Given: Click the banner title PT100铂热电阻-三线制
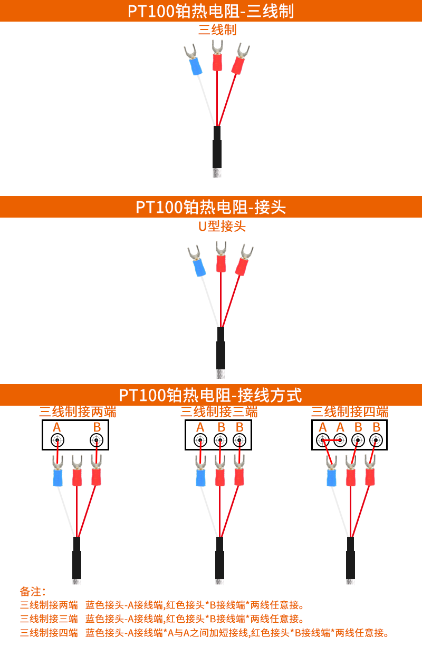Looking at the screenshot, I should [x=211, y=11].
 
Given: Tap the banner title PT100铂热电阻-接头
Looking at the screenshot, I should [x=211, y=207].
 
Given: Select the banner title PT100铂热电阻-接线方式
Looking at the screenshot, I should [x=211, y=395].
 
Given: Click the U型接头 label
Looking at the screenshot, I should [x=222, y=227].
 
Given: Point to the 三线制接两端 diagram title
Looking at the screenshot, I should [x=78, y=411].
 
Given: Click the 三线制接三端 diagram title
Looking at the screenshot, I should [x=219, y=411].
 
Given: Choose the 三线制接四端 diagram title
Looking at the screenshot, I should [x=350, y=411].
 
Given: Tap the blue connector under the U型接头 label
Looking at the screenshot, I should [x=198, y=267].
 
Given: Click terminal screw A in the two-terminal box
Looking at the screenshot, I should [x=57, y=440].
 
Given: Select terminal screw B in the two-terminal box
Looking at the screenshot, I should [x=97, y=440].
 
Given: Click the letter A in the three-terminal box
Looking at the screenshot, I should [x=200, y=427].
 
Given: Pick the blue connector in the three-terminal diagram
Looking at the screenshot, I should [x=200, y=476].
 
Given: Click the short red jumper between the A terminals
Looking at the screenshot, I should [x=332, y=440].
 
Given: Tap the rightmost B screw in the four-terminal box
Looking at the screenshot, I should [x=376, y=440].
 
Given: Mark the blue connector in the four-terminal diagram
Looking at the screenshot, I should [x=332, y=476].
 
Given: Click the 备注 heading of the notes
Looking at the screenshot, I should [x=33, y=591].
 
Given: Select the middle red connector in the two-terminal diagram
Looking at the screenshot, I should [x=77, y=477].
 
